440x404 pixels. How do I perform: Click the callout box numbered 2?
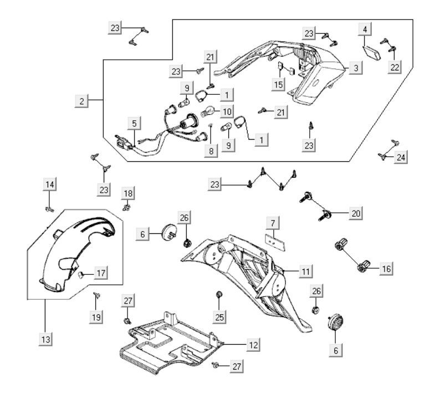click(82, 100)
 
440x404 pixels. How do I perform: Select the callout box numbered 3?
click(356, 68)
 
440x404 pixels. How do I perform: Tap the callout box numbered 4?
click(365, 28)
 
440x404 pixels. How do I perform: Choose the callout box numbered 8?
click(210, 150)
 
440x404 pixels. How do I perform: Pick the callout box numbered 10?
click(227, 111)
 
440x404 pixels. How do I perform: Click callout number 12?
click(253, 344)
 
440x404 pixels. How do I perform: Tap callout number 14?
click(50, 185)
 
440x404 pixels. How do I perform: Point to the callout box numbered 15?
click(279, 84)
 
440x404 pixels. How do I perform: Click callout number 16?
click(386, 269)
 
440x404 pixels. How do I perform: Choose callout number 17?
click(100, 273)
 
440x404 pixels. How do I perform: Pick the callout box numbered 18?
click(128, 192)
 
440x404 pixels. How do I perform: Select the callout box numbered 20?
click(356, 213)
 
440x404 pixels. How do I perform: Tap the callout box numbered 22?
click(394, 67)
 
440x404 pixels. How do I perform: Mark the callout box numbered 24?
click(401, 157)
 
